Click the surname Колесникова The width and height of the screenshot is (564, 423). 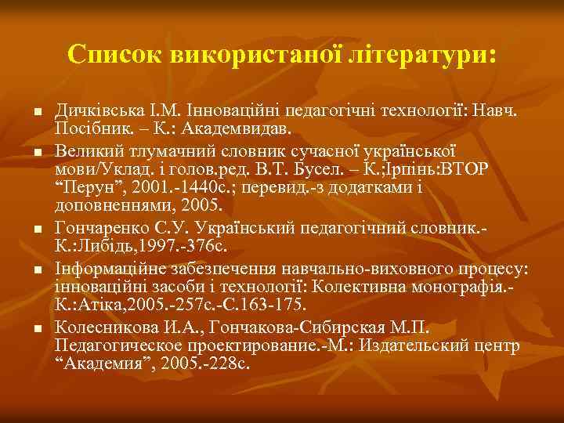coord(103,325)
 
